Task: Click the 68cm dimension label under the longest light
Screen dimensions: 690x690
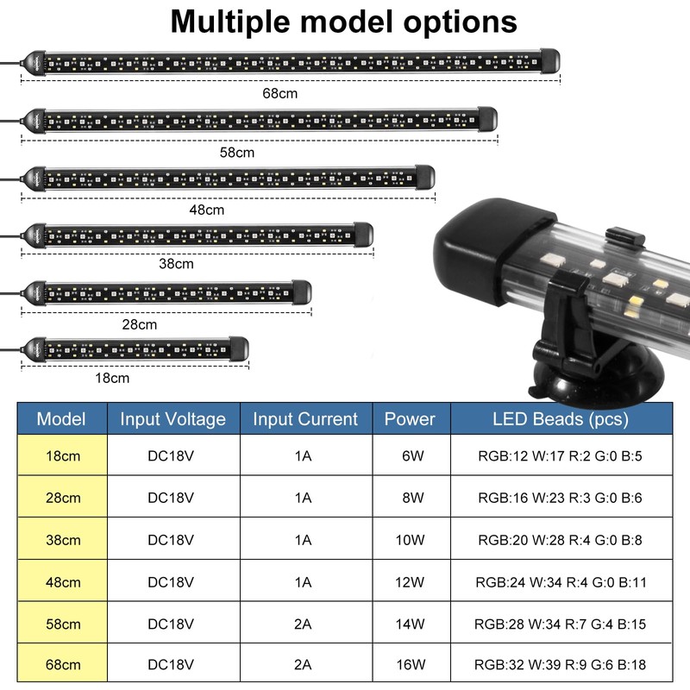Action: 279,93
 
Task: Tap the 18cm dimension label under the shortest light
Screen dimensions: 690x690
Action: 112,378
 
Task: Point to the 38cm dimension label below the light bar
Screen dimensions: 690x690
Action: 176,264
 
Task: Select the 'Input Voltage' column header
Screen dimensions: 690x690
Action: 173,419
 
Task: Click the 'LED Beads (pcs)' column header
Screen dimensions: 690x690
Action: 561,419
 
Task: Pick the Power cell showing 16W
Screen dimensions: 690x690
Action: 411,664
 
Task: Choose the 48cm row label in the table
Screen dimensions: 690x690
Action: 63,582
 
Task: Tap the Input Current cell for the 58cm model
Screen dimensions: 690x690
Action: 303,624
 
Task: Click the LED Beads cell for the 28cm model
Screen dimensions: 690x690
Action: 560,498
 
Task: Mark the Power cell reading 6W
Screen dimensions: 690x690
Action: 413,456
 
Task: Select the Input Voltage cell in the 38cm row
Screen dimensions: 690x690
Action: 171,540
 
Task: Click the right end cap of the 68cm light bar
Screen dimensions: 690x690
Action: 550,60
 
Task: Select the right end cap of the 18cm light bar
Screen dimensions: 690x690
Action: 239,349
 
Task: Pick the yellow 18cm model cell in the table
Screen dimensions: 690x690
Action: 62,455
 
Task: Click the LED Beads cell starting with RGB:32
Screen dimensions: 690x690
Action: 560,664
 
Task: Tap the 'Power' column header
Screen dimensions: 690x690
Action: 410,419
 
